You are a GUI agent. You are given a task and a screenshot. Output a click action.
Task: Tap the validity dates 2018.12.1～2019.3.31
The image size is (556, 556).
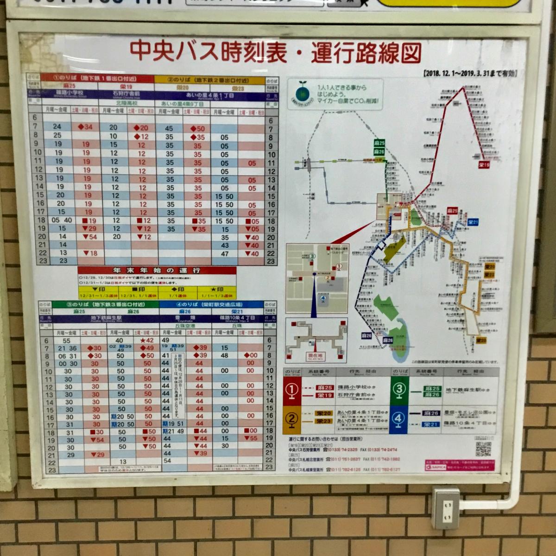470,73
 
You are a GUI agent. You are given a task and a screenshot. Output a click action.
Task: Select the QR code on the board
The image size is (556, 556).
483,449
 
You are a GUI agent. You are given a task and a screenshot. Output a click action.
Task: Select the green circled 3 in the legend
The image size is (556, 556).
399,391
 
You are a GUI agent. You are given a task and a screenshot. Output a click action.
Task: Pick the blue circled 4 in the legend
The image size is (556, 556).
399,418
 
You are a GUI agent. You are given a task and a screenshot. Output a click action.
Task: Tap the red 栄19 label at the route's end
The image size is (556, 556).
484,164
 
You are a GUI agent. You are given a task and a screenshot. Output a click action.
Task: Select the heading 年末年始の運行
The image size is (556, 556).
157,270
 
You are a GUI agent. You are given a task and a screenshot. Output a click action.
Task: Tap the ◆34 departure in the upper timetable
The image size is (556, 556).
85,127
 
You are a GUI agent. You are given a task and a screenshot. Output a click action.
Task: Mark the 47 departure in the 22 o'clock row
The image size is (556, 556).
225,253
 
